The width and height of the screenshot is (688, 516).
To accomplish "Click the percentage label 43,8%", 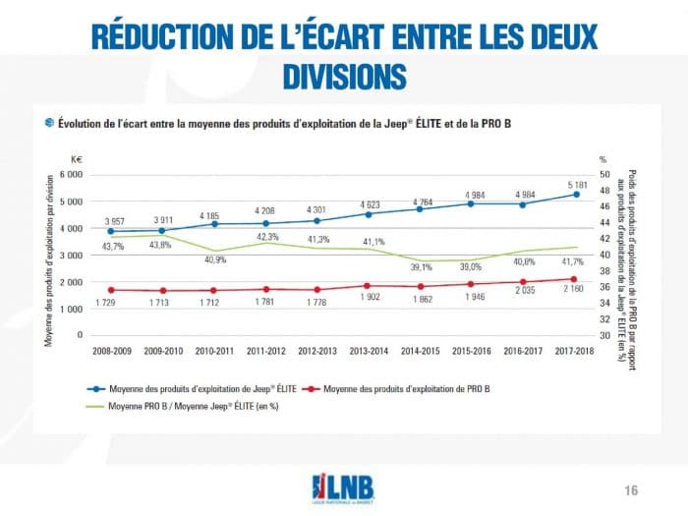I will pos(159,245).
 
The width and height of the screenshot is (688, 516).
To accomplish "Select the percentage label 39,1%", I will pos(420,266).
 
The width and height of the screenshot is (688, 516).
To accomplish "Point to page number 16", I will pos(632,489).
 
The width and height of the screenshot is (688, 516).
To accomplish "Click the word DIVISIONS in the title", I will pos(343,76).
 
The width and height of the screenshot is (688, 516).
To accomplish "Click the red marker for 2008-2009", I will pos(111,290).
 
